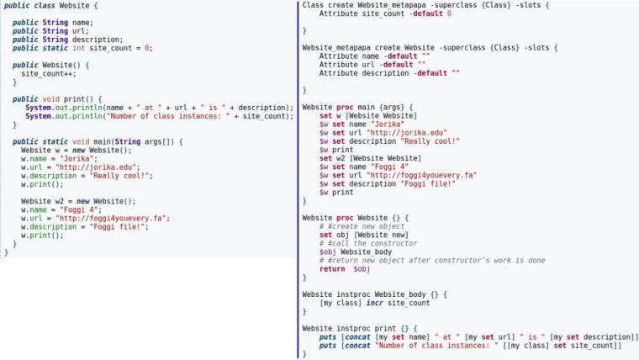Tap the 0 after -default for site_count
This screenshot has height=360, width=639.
[x=448, y=14]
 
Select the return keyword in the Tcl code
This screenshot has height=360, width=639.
[x=332, y=268]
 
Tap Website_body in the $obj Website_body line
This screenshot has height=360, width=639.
[x=366, y=251]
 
